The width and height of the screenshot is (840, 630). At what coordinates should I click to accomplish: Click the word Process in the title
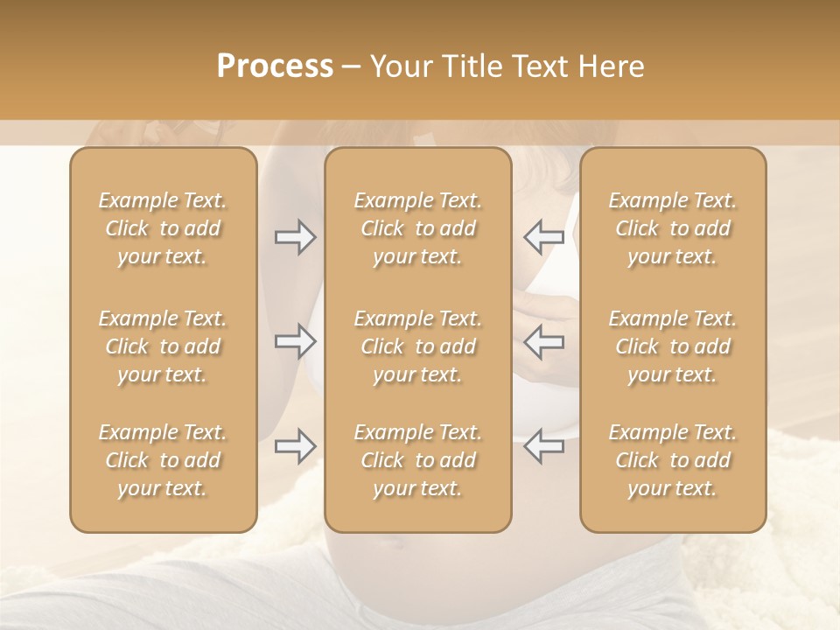275,66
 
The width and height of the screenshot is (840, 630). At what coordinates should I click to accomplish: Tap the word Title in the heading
467,66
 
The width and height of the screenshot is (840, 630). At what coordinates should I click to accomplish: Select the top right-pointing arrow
295,237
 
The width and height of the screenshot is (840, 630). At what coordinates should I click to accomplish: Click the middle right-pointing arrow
295,341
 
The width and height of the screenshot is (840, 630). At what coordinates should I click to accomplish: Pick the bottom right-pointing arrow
295,446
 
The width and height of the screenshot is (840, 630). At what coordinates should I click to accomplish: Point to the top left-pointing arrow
543,237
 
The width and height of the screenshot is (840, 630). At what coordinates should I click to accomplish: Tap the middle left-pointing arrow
543,341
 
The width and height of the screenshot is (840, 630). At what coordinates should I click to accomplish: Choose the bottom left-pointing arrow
543,446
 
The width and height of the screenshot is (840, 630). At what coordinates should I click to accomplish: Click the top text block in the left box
163,228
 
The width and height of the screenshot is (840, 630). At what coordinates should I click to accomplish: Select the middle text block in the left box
163,346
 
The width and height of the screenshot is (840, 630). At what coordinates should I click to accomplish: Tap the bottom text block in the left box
163,460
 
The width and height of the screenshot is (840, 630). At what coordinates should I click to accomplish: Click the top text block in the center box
417,228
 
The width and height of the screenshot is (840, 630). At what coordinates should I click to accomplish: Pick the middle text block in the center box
417,346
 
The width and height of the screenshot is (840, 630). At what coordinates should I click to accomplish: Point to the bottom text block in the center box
417,460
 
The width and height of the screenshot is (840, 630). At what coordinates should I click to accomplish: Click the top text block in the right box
672,228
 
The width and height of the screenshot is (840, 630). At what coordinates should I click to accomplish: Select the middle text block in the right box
672,346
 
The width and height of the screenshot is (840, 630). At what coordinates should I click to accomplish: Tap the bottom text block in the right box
672,460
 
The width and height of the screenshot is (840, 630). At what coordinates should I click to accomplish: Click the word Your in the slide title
401,66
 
